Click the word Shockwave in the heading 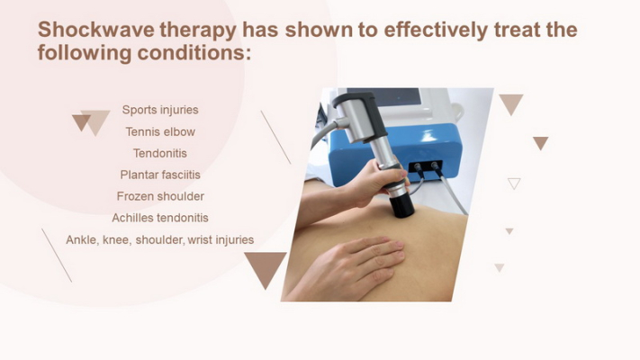[x=96, y=30]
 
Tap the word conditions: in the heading [x=194, y=53]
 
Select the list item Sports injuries [x=160, y=110]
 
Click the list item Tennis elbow [x=160, y=131]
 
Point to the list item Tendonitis [x=160, y=153]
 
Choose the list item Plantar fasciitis [x=160, y=175]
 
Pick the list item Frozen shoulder [x=160, y=196]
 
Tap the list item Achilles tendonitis [x=160, y=218]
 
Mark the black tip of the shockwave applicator [x=401, y=206]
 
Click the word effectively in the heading [x=436, y=30]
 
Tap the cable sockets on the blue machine [x=425, y=166]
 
